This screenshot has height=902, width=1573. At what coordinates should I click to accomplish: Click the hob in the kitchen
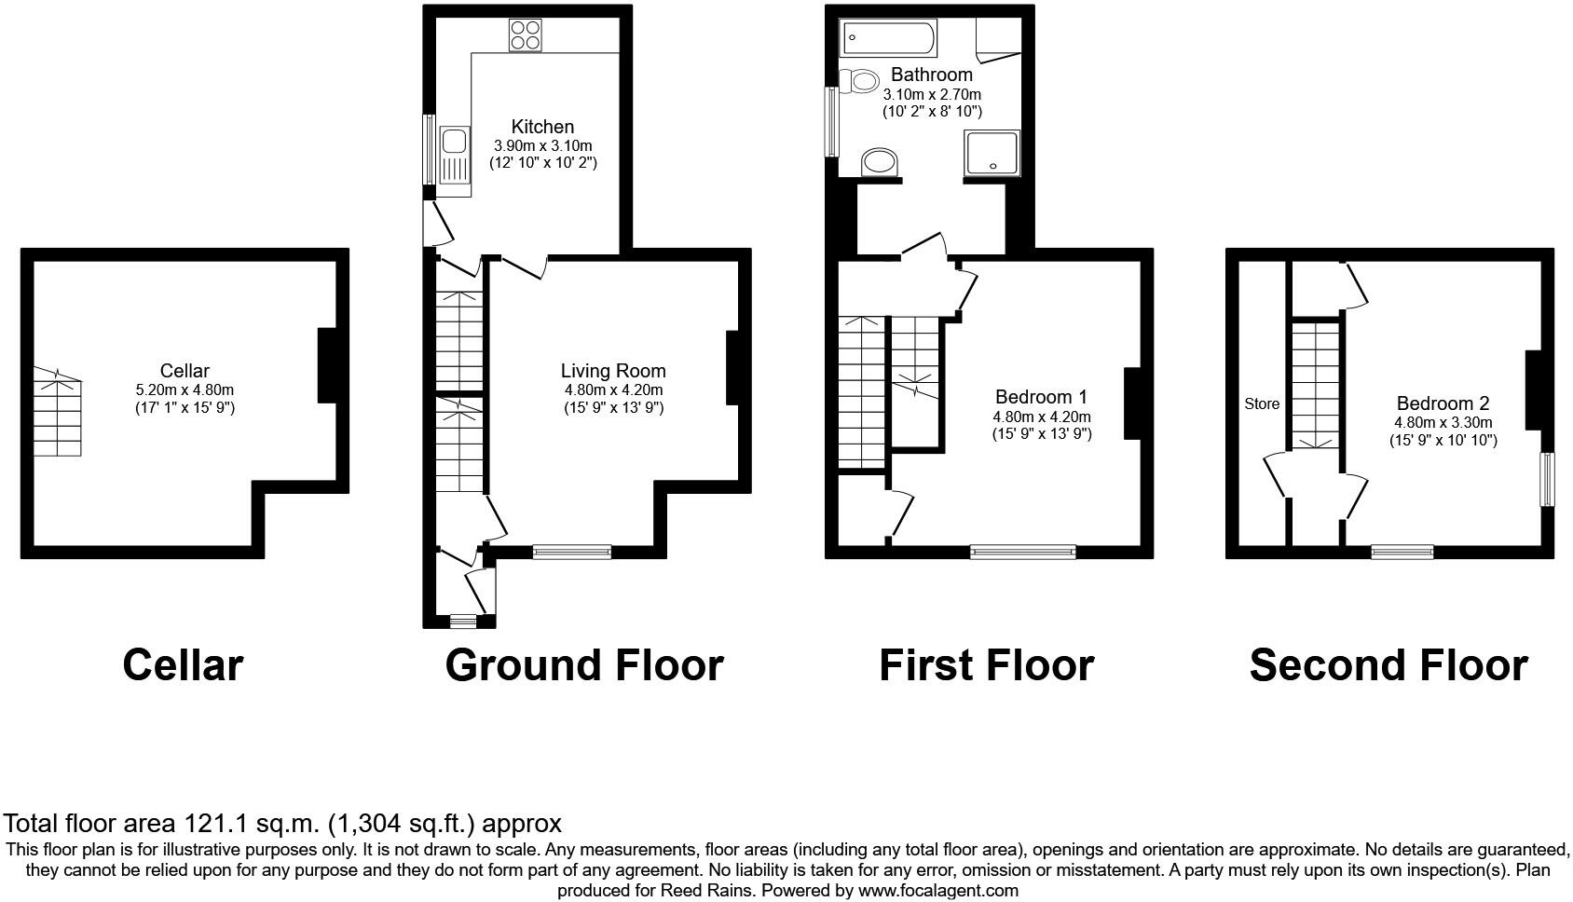click(526, 34)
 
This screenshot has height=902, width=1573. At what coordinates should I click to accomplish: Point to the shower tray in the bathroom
click(992, 152)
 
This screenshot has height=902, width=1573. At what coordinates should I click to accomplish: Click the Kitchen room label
click(542, 127)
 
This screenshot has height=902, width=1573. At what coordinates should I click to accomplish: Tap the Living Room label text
click(613, 371)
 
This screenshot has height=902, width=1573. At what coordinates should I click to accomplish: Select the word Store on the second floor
click(1262, 403)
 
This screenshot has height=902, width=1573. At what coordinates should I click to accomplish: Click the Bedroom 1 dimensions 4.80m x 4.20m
click(1042, 417)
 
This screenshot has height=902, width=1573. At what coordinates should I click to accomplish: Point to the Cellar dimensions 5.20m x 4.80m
click(185, 389)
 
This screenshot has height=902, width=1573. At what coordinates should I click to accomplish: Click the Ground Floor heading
click(584, 665)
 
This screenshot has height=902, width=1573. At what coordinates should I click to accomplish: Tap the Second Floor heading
click(1388, 665)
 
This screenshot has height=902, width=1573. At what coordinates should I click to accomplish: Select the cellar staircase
click(58, 412)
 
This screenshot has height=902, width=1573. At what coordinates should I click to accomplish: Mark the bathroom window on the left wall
click(829, 121)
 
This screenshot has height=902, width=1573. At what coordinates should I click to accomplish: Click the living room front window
click(572, 552)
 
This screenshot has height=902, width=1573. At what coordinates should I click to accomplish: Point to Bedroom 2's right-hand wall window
click(1547, 479)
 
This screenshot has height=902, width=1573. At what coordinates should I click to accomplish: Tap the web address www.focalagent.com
click(938, 890)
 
